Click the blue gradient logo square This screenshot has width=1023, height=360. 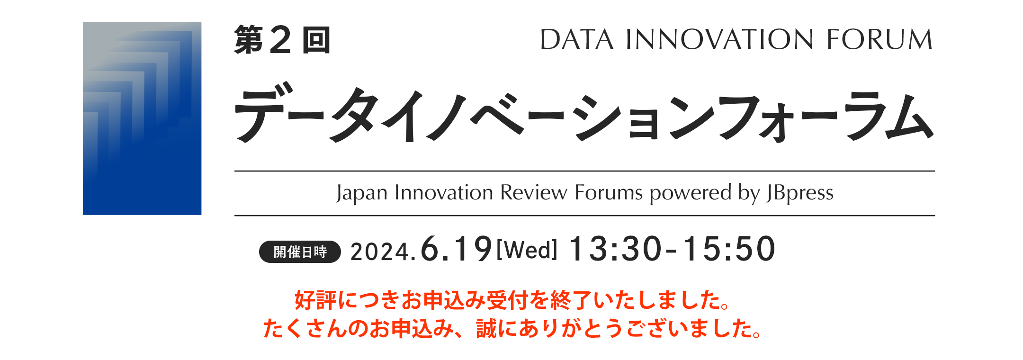click(142, 118)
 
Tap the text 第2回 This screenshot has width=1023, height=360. click(282, 40)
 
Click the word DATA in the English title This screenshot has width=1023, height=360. click(577, 39)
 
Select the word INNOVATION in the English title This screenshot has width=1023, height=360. click(720, 39)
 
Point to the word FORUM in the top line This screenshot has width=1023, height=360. click(879, 39)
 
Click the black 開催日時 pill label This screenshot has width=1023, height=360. click(300, 252)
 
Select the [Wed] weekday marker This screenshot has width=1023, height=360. click(527, 250)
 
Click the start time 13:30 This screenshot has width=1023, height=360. click(615, 249)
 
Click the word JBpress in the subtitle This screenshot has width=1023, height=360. click(800, 193)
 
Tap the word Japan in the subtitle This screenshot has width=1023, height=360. click(362, 193)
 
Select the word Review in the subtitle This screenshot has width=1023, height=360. click(534, 193)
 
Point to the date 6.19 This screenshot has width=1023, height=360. click(456, 249)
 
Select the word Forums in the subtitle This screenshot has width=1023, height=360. click(609, 193)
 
